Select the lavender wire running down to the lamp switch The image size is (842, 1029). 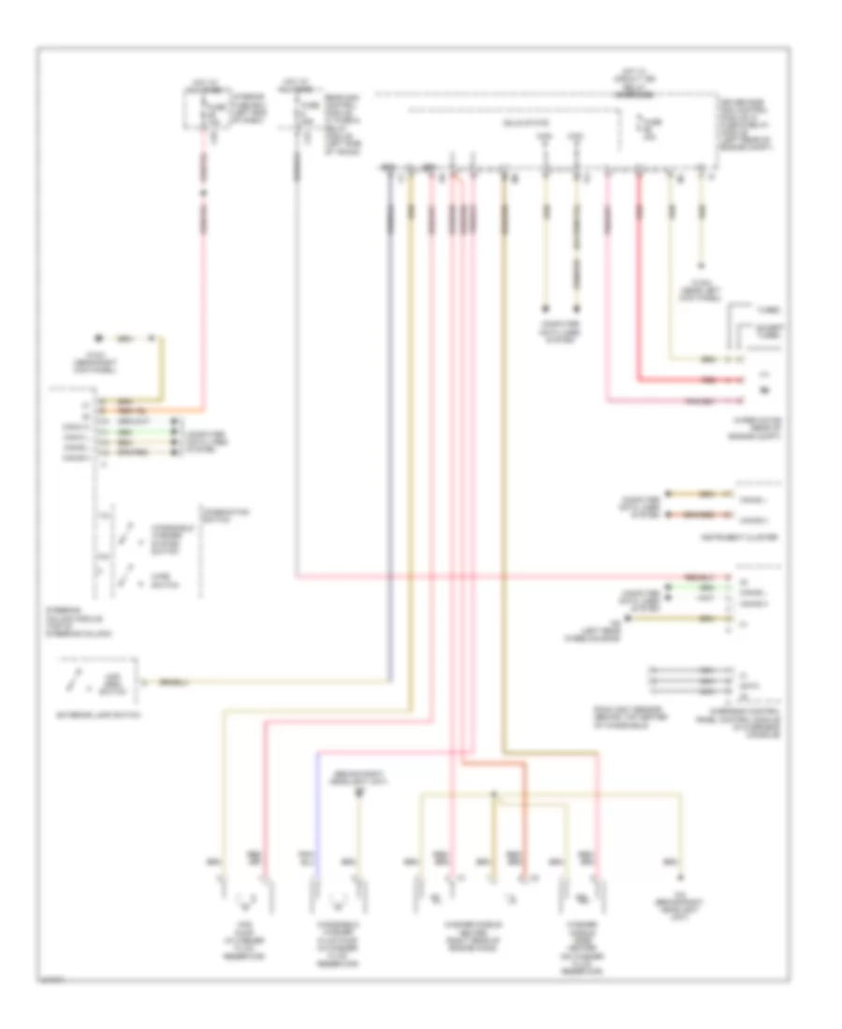(391, 421)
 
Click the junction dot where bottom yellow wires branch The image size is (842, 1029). (493, 797)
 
